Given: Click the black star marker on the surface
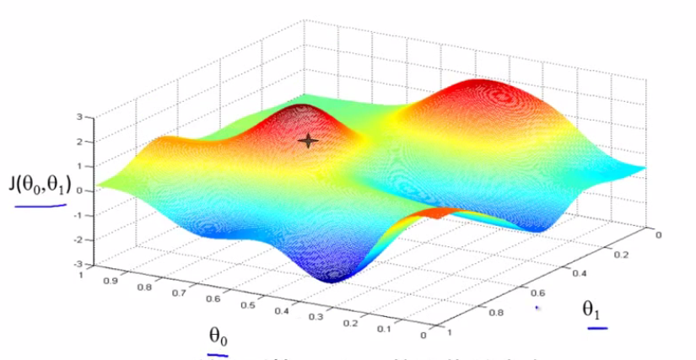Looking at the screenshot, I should click(309, 141).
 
